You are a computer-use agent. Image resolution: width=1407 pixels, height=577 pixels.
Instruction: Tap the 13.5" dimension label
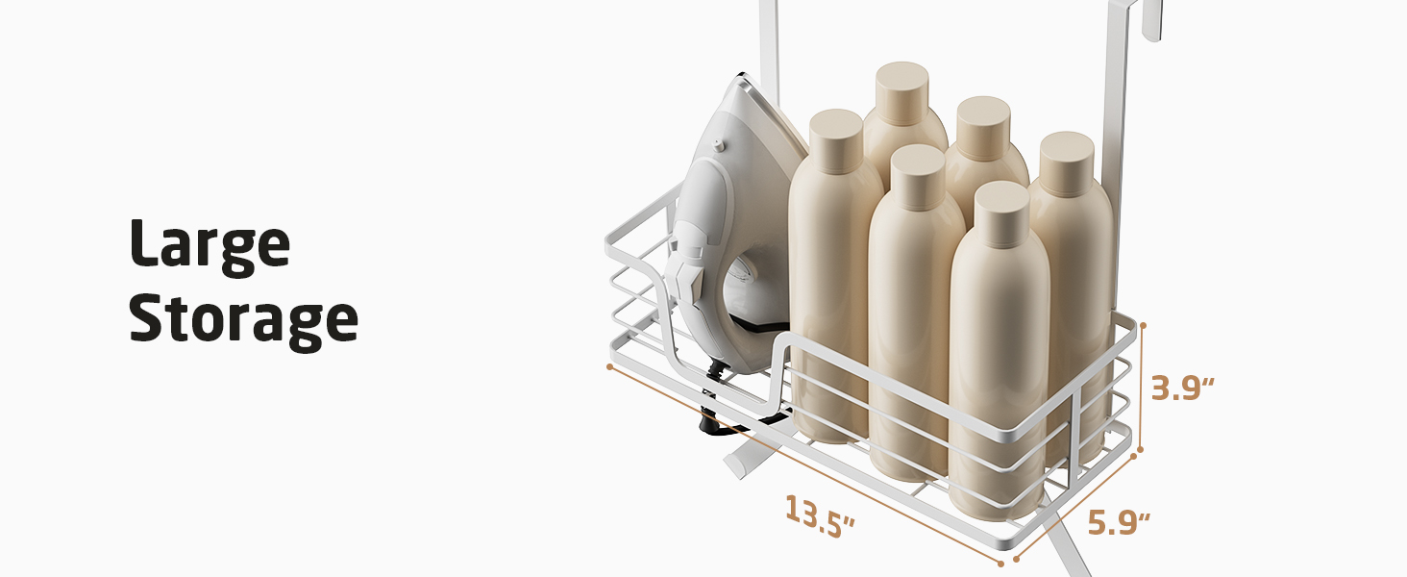[820, 516]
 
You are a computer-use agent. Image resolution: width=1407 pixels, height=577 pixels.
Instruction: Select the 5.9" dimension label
[1119, 522]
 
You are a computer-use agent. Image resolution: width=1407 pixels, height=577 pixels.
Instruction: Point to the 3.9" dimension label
[1182, 388]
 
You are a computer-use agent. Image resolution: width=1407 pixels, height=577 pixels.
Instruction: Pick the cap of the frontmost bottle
[1002, 213]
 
